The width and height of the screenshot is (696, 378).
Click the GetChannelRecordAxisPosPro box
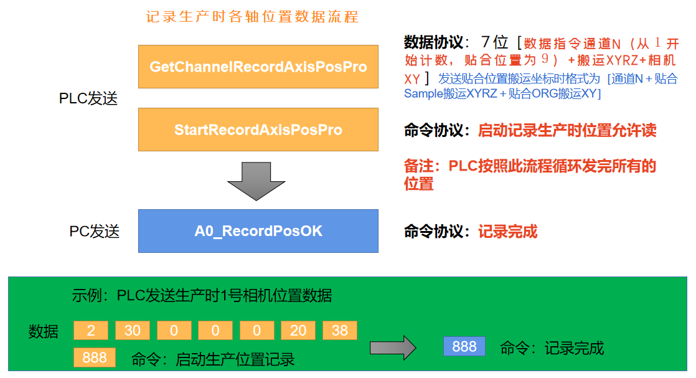click(x=258, y=66)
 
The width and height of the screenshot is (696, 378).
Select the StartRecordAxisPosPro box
click(x=258, y=130)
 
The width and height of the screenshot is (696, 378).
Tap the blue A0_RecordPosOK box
click(x=258, y=231)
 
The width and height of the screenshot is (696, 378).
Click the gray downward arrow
click(x=256, y=180)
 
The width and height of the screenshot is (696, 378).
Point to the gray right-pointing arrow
click(x=392, y=347)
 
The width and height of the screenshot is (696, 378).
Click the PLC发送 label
click(x=88, y=98)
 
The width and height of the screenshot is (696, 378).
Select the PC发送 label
click(x=94, y=232)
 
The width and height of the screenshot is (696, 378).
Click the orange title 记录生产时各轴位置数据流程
click(x=252, y=17)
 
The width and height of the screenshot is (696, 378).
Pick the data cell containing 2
click(x=90, y=331)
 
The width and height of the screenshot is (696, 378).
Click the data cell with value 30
click(x=132, y=331)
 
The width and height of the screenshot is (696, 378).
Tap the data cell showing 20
click(x=298, y=331)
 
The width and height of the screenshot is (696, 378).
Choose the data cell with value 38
click(x=340, y=331)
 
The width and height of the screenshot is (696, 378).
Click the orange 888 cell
click(x=95, y=357)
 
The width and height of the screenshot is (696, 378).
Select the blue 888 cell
click(x=464, y=346)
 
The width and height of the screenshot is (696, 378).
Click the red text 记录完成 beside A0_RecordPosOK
click(x=507, y=232)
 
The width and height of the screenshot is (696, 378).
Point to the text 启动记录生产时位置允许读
click(x=567, y=130)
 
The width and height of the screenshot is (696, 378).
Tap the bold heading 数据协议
click(x=433, y=42)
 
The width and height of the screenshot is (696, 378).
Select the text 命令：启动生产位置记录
click(x=213, y=359)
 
